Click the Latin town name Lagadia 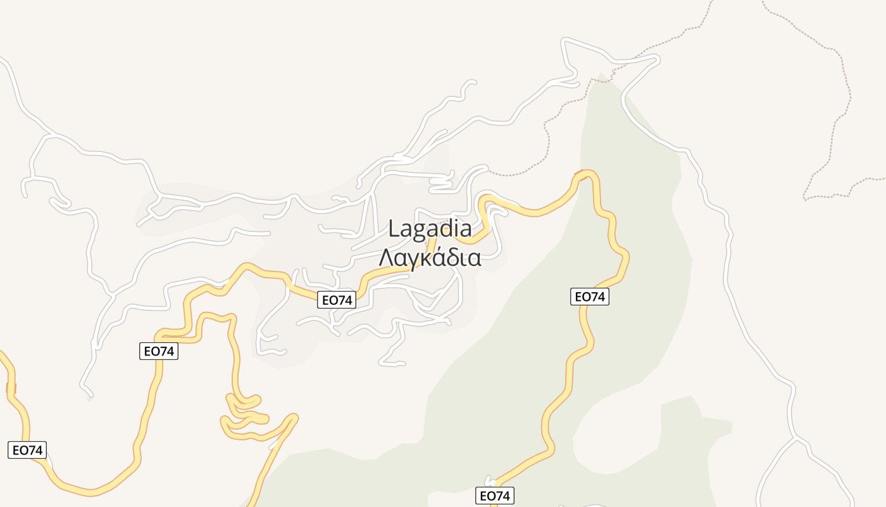pyautogui.click(x=430, y=229)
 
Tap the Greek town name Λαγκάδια pyautogui.click(x=430, y=258)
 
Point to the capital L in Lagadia pyautogui.click(x=394, y=229)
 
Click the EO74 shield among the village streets pyautogui.click(x=337, y=300)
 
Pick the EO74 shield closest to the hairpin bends pyautogui.click(x=159, y=350)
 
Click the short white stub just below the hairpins pyautogui.click(x=273, y=446)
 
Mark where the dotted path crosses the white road pyautogui.click(x=617, y=63)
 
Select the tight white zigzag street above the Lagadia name pyautogui.click(x=441, y=181)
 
